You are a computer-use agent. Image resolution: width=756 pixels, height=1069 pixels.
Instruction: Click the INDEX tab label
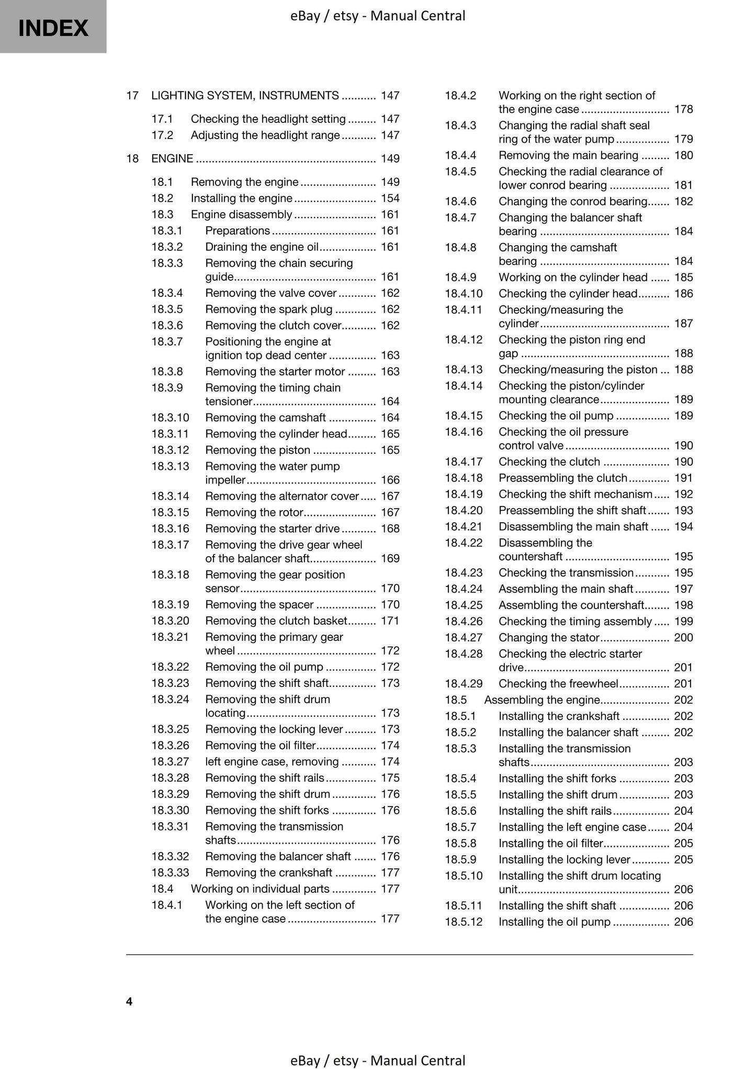point(53,27)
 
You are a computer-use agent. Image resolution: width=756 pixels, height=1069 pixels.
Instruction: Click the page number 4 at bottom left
point(129,1001)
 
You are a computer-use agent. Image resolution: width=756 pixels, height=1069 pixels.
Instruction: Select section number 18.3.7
point(167,341)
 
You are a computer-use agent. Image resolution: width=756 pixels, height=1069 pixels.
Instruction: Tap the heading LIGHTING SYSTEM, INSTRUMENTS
point(245,95)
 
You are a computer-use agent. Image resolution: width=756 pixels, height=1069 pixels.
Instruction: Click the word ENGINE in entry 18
point(172,158)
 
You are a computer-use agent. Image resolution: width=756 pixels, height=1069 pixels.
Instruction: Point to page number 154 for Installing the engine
point(390,198)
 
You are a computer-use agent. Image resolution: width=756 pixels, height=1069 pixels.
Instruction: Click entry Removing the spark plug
point(268,309)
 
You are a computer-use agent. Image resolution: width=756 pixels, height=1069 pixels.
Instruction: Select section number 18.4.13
point(464,370)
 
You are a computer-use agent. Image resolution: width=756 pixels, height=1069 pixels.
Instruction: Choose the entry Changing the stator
point(548,637)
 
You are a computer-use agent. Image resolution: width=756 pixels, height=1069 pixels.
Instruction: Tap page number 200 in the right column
point(683,637)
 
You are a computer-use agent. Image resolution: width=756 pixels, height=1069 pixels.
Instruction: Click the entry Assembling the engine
point(541,699)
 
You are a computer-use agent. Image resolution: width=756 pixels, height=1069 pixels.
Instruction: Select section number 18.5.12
point(464,922)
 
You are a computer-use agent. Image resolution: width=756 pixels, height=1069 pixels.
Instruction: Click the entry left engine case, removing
point(272,761)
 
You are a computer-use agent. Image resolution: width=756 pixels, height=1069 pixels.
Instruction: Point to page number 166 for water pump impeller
point(390,480)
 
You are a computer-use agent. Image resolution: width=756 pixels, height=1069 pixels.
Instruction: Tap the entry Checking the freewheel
point(558,683)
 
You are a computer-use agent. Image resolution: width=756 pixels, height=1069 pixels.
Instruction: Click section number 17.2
point(162,135)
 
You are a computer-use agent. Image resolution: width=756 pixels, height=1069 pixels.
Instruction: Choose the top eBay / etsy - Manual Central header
point(378,16)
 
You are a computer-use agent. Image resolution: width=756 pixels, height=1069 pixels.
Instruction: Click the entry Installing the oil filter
point(550,843)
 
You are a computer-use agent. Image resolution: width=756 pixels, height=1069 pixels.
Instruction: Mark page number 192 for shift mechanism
point(683,494)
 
